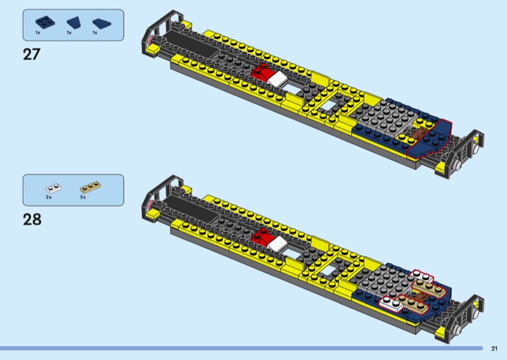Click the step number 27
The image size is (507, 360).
point(32,54)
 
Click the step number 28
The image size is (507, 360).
point(32,219)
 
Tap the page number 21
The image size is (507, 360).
point(494,349)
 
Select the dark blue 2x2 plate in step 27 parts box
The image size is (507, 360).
point(45,22)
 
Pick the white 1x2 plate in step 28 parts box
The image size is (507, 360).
point(53,188)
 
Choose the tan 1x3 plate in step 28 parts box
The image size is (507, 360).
point(90,186)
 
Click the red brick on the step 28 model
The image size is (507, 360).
point(262,237)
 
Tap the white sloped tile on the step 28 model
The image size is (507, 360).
point(278,243)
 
